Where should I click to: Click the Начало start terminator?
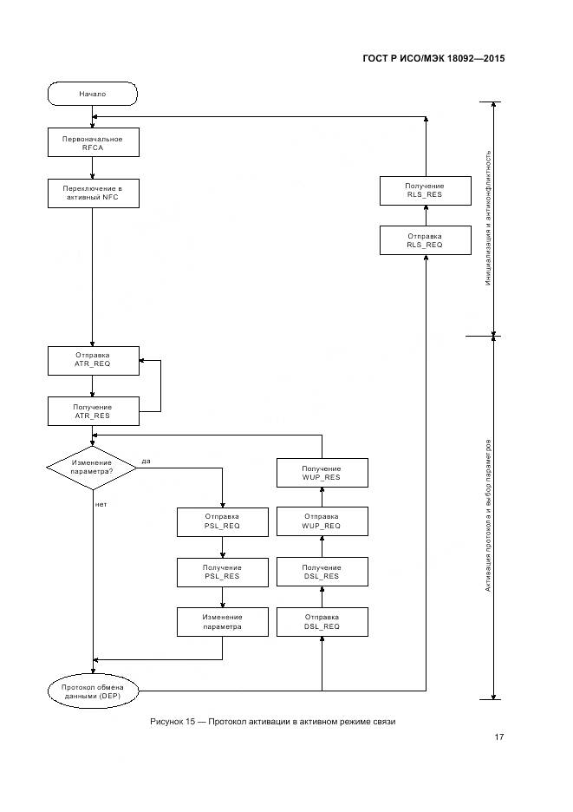(x=92, y=93)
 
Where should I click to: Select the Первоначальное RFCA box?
(x=92, y=143)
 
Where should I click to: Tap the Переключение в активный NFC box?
(x=92, y=193)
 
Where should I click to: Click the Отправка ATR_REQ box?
(x=92, y=361)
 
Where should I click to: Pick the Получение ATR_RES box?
(x=92, y=411)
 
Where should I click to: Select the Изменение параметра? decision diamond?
(x=92, y=467)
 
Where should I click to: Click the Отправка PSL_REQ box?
(x=223, y=521)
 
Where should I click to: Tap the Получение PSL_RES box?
(x=223, y=571)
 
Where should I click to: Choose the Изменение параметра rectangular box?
(x=223, y=621)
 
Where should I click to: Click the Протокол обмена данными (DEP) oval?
(x=92, y=691)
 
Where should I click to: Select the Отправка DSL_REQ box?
(x=322, y=621)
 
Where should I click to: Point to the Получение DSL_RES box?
(x=322, y=571)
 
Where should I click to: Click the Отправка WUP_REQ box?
(x=322, y=521)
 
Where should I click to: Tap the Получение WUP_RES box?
(x=322, y=472)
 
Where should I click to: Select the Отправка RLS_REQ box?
(x=425, y=240)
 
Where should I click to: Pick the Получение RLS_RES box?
(x=425, y=191)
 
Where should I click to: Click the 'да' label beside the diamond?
(x=146, y=461)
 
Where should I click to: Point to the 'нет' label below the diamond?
(x=101, y=503)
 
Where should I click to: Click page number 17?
(x=498, y=737)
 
